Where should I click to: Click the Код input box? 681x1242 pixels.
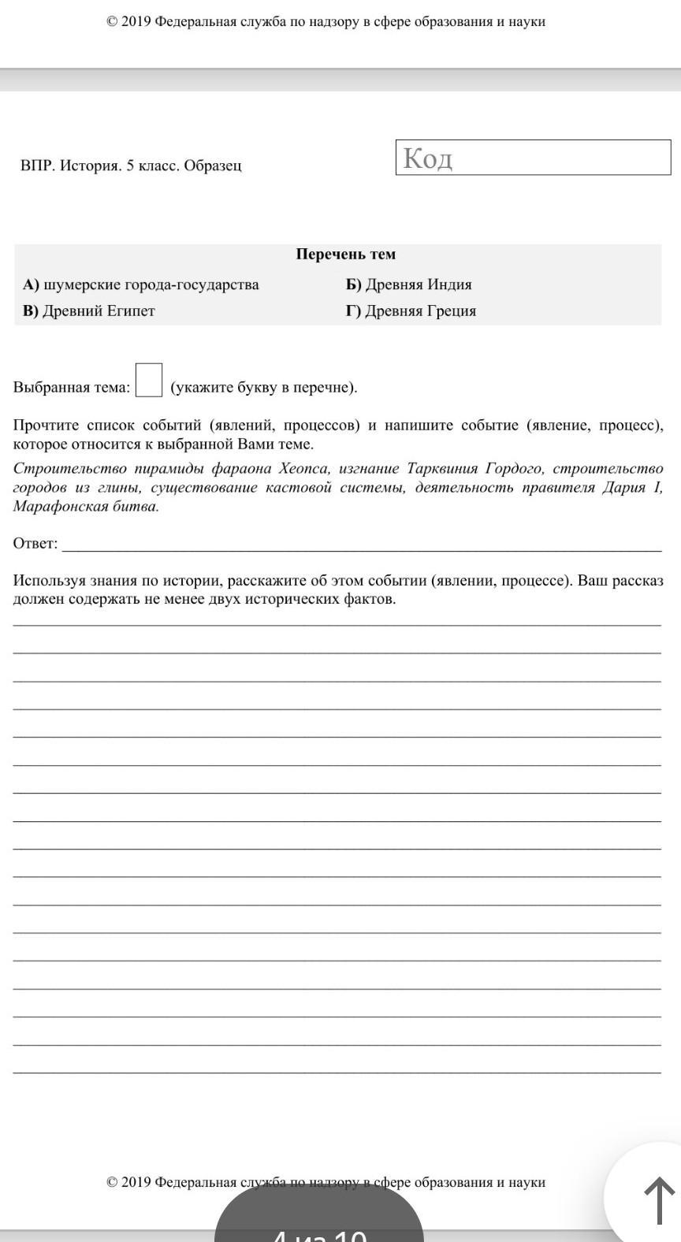533,158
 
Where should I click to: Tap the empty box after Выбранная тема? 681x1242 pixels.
149,379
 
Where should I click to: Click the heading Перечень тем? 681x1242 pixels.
346,254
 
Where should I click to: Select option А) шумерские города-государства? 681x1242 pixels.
141,284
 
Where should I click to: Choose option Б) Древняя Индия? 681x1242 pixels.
408,284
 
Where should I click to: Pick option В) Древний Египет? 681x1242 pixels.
89,310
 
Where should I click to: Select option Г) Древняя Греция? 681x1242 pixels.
411,310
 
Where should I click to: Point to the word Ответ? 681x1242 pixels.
35,543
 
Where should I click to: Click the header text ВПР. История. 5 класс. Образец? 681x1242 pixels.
131,165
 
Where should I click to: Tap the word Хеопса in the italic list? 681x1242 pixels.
306,469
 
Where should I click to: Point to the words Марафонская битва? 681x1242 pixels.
86,506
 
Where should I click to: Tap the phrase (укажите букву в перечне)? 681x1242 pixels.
264,387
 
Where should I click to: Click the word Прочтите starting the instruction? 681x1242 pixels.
45,426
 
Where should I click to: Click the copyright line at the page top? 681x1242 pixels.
326,22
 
